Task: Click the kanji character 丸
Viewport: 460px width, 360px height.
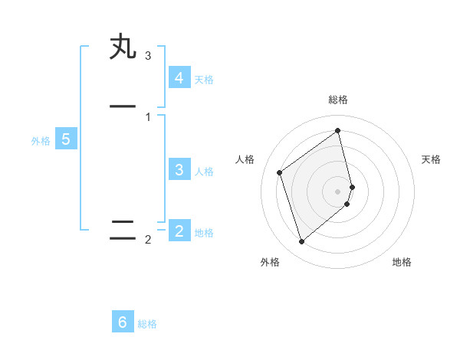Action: (x=123, y=47)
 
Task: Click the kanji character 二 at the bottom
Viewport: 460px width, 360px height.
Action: (x=123, y=230)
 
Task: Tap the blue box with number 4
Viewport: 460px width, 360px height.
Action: (x=179, y=77)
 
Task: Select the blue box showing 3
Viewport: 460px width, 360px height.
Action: (x=179, y=170)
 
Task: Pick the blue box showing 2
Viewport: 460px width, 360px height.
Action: (x=179, y=231)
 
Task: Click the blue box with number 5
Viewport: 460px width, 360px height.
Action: (x=66, y=139)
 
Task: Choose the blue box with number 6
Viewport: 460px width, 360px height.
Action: (x=123, y=322)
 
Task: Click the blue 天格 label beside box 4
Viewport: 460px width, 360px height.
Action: (x=204, y=79)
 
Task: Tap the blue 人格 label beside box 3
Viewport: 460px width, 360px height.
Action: (x=204, y=172)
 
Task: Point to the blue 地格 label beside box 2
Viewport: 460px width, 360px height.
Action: (x=204, y=233)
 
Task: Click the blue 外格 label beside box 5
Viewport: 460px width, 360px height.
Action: (x=41, y=141)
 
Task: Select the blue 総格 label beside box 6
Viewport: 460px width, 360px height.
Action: (x=147, y=324)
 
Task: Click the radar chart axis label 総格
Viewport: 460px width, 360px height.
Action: (x=338, y=100)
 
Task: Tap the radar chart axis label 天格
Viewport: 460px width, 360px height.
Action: (x=431, y=159)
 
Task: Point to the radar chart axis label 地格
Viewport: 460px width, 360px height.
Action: (x=402, y=262)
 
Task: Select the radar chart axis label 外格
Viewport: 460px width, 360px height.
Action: (x=270, y=262)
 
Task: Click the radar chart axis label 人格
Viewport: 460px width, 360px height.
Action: (x=245, y=159)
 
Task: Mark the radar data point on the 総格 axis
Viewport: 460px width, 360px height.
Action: (x=338, y=130)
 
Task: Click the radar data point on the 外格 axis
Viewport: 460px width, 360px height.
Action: (x=301, y=242)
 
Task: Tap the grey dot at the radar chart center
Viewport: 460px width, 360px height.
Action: (x=338, y=191)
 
